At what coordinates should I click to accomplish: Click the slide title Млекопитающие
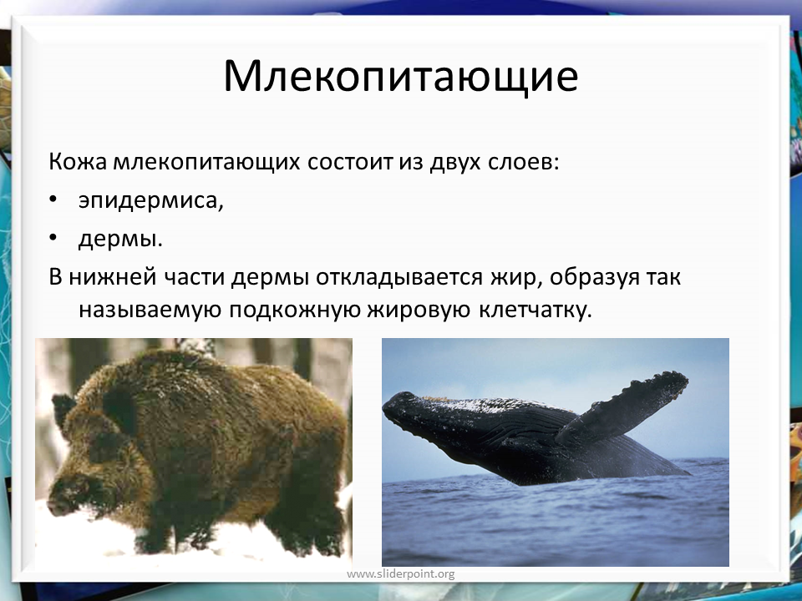click(x=401, y=78)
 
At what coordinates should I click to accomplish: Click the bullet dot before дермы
click(x=53, y=238)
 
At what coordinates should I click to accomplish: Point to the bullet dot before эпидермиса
click(x=53, y=199)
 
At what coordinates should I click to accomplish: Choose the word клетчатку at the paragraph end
click(x=536, y=311)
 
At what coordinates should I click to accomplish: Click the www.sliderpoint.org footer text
click(x=400, y=574)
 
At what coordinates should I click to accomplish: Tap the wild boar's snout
click(x=58, y=504)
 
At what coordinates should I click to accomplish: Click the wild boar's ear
click(x=63, y=410)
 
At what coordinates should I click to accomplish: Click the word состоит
click(x=350, y=163)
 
